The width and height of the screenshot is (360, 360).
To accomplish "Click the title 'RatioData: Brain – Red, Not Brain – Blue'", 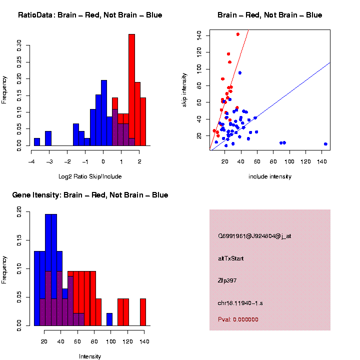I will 90,15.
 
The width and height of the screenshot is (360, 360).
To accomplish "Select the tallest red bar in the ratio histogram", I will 132,90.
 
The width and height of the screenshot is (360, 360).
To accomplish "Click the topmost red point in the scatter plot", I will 237,34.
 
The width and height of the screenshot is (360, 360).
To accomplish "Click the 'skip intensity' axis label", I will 184,89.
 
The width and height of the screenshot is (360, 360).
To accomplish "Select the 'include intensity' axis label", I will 270,176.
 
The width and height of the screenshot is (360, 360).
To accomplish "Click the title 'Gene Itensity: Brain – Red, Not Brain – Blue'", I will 90,195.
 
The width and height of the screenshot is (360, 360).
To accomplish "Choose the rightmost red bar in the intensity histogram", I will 143,312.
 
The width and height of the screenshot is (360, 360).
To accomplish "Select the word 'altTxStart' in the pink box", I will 230,258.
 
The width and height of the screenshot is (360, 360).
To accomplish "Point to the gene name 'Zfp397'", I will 227,280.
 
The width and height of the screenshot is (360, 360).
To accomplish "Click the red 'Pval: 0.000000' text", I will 238,319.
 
